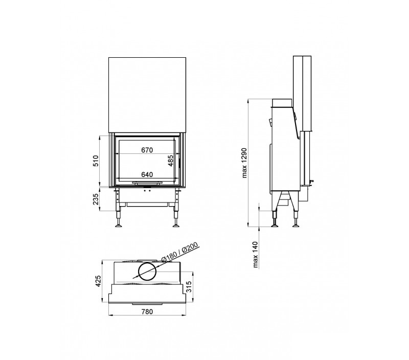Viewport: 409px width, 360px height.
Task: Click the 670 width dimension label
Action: pos(147,150)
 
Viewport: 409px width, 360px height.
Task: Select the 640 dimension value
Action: pos(147,174)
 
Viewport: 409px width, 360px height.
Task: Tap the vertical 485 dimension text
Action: pos(170,161)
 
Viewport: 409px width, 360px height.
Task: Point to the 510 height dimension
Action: pos(96,161)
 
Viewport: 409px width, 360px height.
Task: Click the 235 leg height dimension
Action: pos(96,199)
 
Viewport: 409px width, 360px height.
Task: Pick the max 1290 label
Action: pos(244,163)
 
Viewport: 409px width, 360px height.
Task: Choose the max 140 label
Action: pos(255,255)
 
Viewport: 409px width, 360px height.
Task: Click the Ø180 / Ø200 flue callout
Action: pos(180,252)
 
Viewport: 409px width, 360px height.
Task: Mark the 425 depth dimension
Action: pos(98,281)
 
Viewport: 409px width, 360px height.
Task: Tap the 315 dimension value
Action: pos(189,287)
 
